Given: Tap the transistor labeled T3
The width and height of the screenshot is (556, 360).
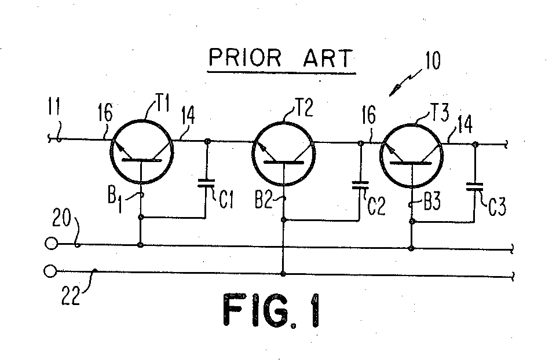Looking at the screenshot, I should pyautogui.click(x=411, y=153).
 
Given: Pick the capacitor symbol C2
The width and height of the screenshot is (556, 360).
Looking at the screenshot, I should pyautogui.click(x=360, y=186).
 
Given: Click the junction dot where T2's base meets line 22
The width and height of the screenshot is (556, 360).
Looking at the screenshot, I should pyautogui.click(x=283, y=273).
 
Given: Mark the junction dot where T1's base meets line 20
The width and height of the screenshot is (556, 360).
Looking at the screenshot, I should pyautogui.click(x=141, y=245).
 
